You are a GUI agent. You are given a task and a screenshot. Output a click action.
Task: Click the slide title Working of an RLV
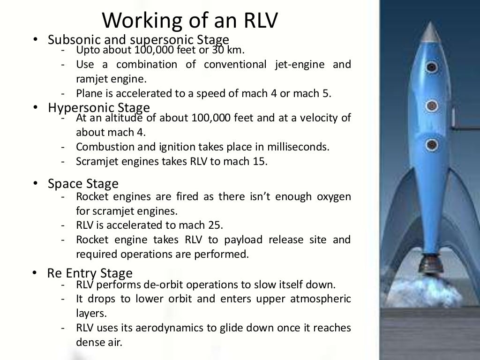coord(190,20)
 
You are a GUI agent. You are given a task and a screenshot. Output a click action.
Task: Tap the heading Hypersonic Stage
coord(99,108)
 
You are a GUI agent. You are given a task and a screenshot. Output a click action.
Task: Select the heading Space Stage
coord(83,183)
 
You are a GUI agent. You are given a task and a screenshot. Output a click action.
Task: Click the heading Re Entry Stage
coord(90,273)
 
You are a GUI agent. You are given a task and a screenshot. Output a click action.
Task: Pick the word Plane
coord(90,93)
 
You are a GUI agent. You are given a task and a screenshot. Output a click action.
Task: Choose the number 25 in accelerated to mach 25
coord(216,225)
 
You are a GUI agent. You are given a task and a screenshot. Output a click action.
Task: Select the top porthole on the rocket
coord(432,67)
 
